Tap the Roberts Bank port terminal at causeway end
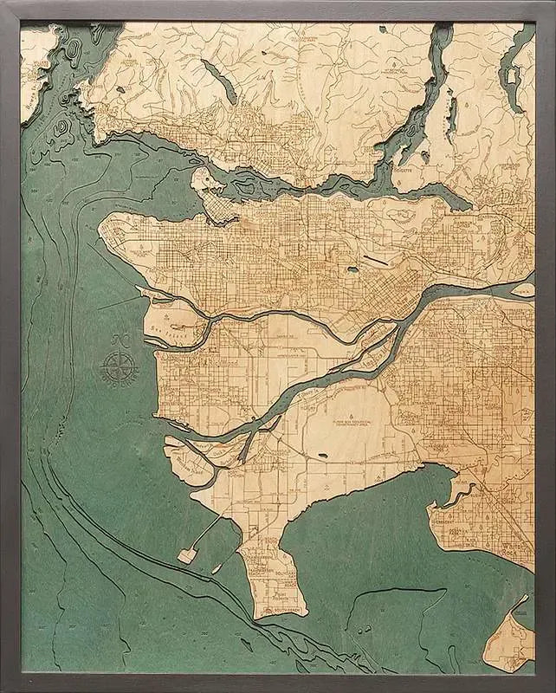187,555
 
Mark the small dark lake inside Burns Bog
324,453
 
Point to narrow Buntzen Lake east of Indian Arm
449,113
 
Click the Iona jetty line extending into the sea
117,302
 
